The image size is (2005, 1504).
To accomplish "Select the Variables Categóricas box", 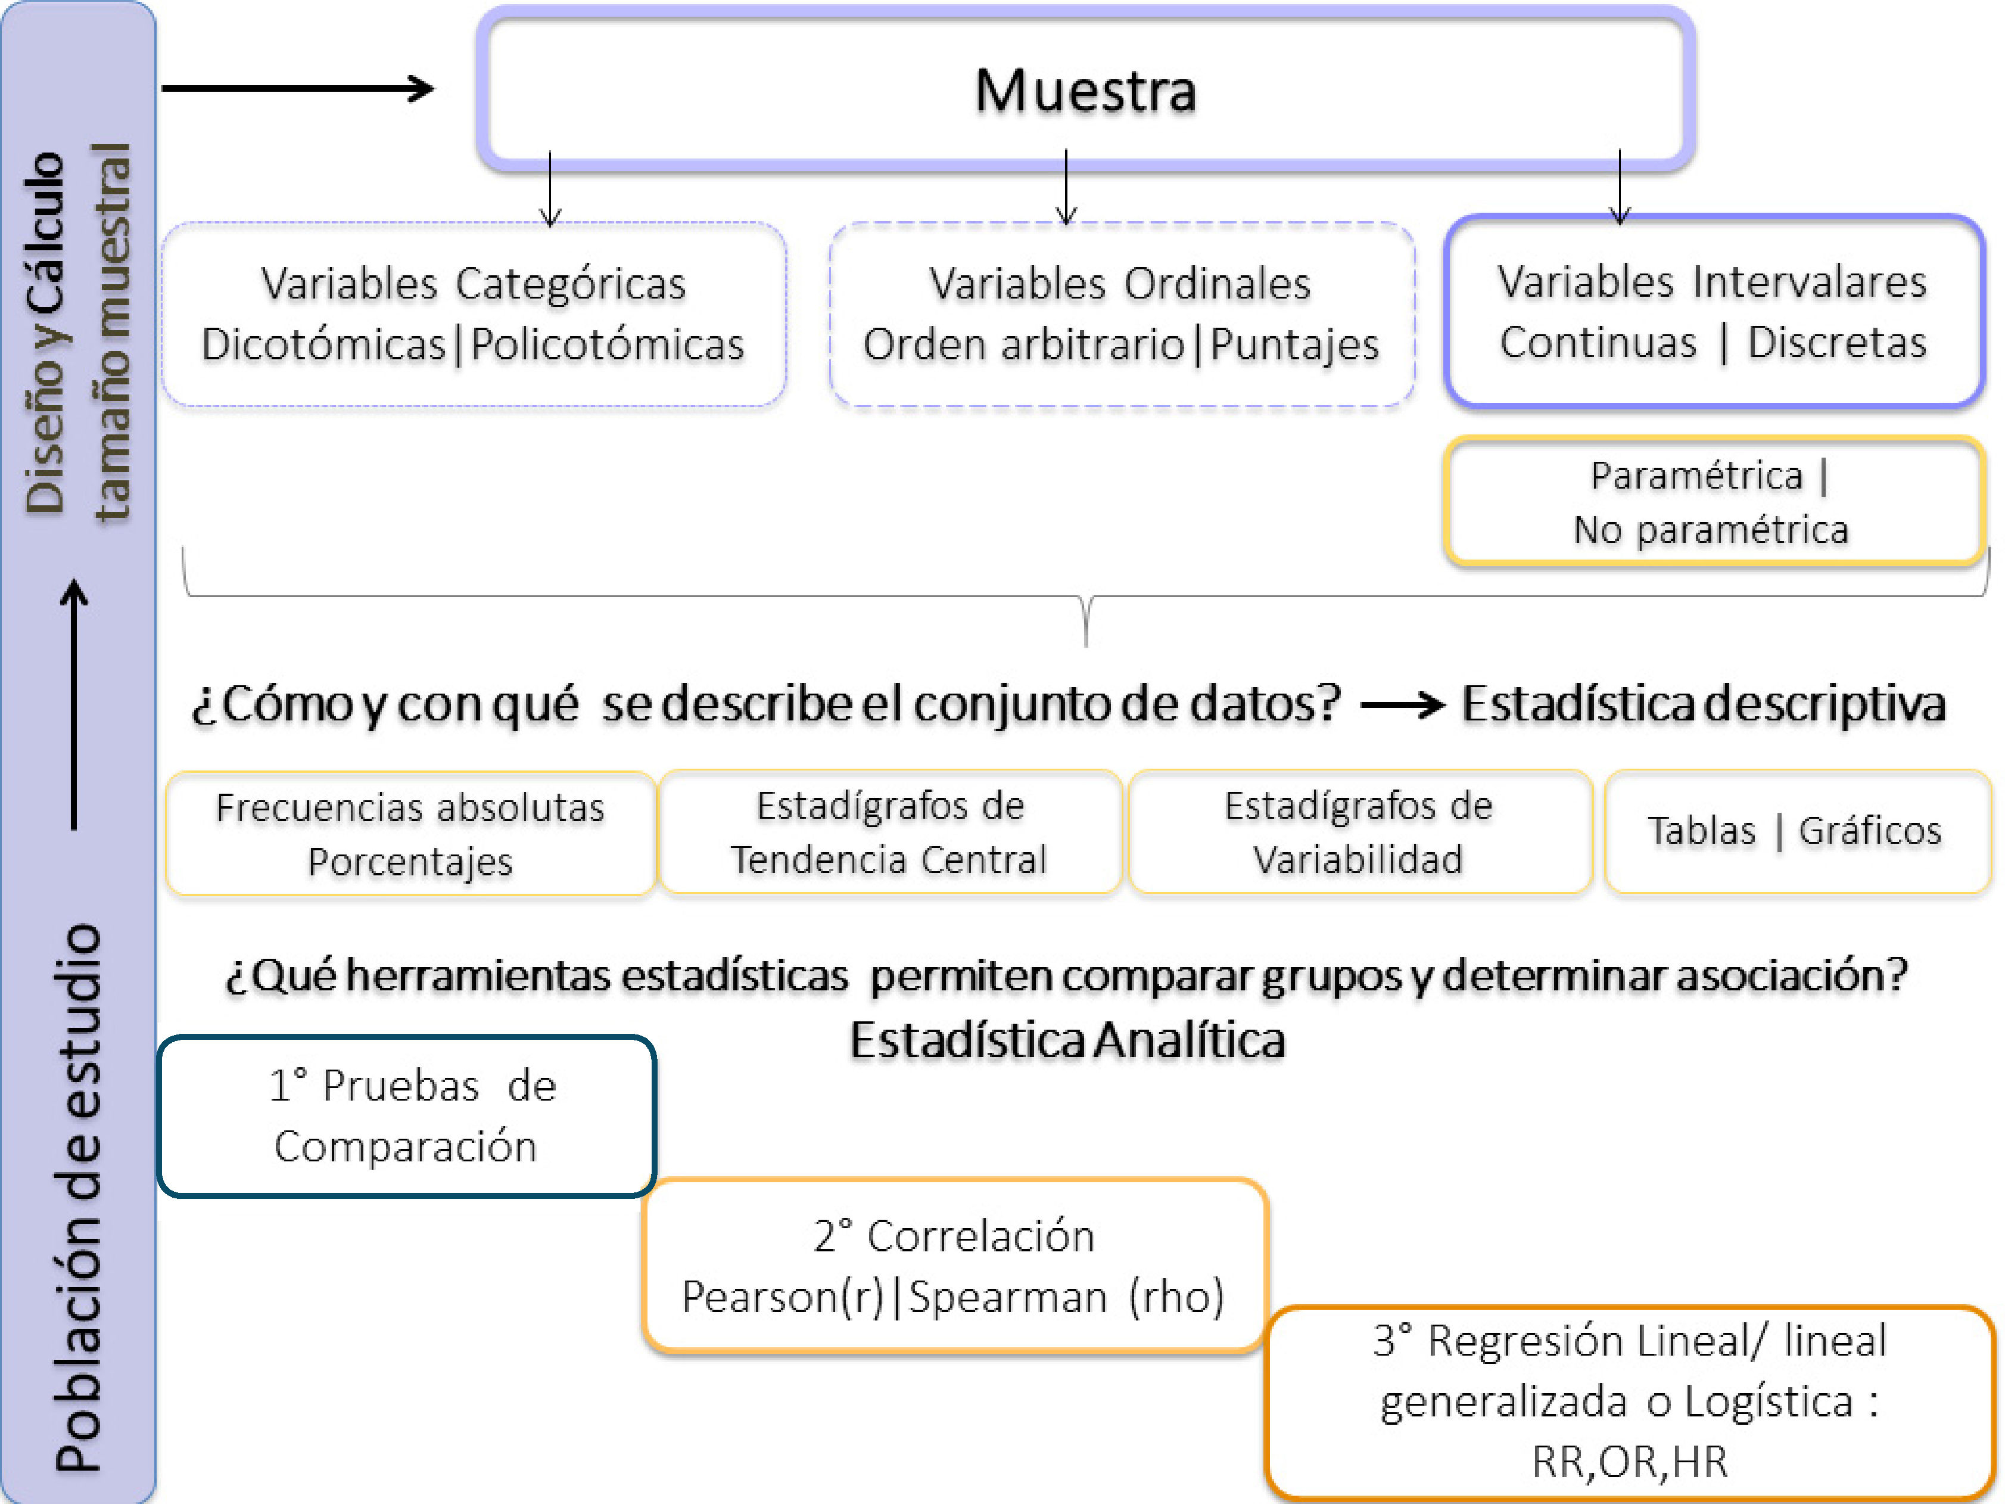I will click(473, 313).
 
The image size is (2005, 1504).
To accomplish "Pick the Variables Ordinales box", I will click(1121, 313).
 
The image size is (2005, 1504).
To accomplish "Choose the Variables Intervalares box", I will click(1713, 312).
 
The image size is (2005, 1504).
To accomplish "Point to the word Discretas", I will click(1836, 343).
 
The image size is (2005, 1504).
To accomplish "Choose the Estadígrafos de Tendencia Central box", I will click(890, 832).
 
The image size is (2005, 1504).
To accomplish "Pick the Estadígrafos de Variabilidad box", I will click(1359, 832).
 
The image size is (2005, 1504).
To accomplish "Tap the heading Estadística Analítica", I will click(1067, 1040).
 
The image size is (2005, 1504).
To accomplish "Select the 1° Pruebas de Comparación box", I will click(406, 1116).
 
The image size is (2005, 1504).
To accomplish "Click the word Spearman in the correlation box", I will click(1007, 1297).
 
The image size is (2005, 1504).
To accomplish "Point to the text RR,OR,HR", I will click(1629, 1461).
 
